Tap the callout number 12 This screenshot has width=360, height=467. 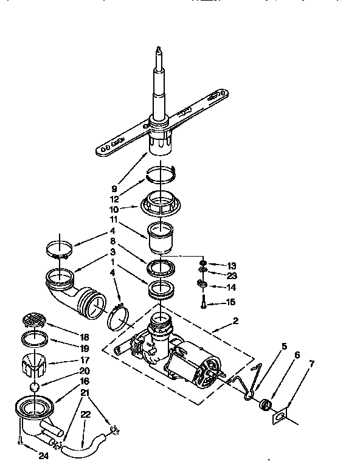pyautogui.click(x=114, y=198)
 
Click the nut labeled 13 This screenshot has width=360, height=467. pyautogui.click(x=202, y=265)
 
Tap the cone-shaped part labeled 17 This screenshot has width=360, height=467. pyautogui.click(x=35, y=365)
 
